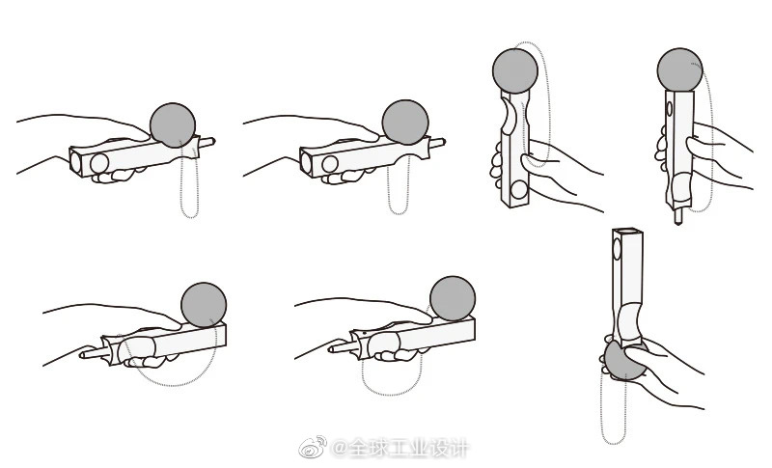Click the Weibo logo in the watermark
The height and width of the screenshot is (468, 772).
tap(313, 446)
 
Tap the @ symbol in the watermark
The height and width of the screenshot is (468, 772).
tap(340, 448)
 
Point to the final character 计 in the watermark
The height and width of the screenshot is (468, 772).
tap(456, 448)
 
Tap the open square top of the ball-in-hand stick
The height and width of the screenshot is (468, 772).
tap(628, 232)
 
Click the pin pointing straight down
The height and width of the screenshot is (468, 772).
tap(678, 215)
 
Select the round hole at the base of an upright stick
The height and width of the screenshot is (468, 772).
tap(518, 189)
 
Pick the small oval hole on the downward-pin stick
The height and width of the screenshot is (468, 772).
tap(669, 108)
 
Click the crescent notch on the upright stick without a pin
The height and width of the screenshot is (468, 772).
tap(509, 116)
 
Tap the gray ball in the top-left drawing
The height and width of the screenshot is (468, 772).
tap(173, 125)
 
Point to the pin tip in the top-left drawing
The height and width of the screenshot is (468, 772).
tap(213, 142)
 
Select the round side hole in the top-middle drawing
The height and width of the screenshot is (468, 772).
tap(330, 164)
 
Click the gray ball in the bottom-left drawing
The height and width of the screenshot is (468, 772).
tap(204, 305)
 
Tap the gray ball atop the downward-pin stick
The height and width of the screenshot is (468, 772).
tap(680, 69)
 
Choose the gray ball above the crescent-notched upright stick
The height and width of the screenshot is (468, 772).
tap(515, 70)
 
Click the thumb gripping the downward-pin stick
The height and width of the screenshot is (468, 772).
tap(699, 148)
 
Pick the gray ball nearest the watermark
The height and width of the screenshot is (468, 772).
tap(453, 298)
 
